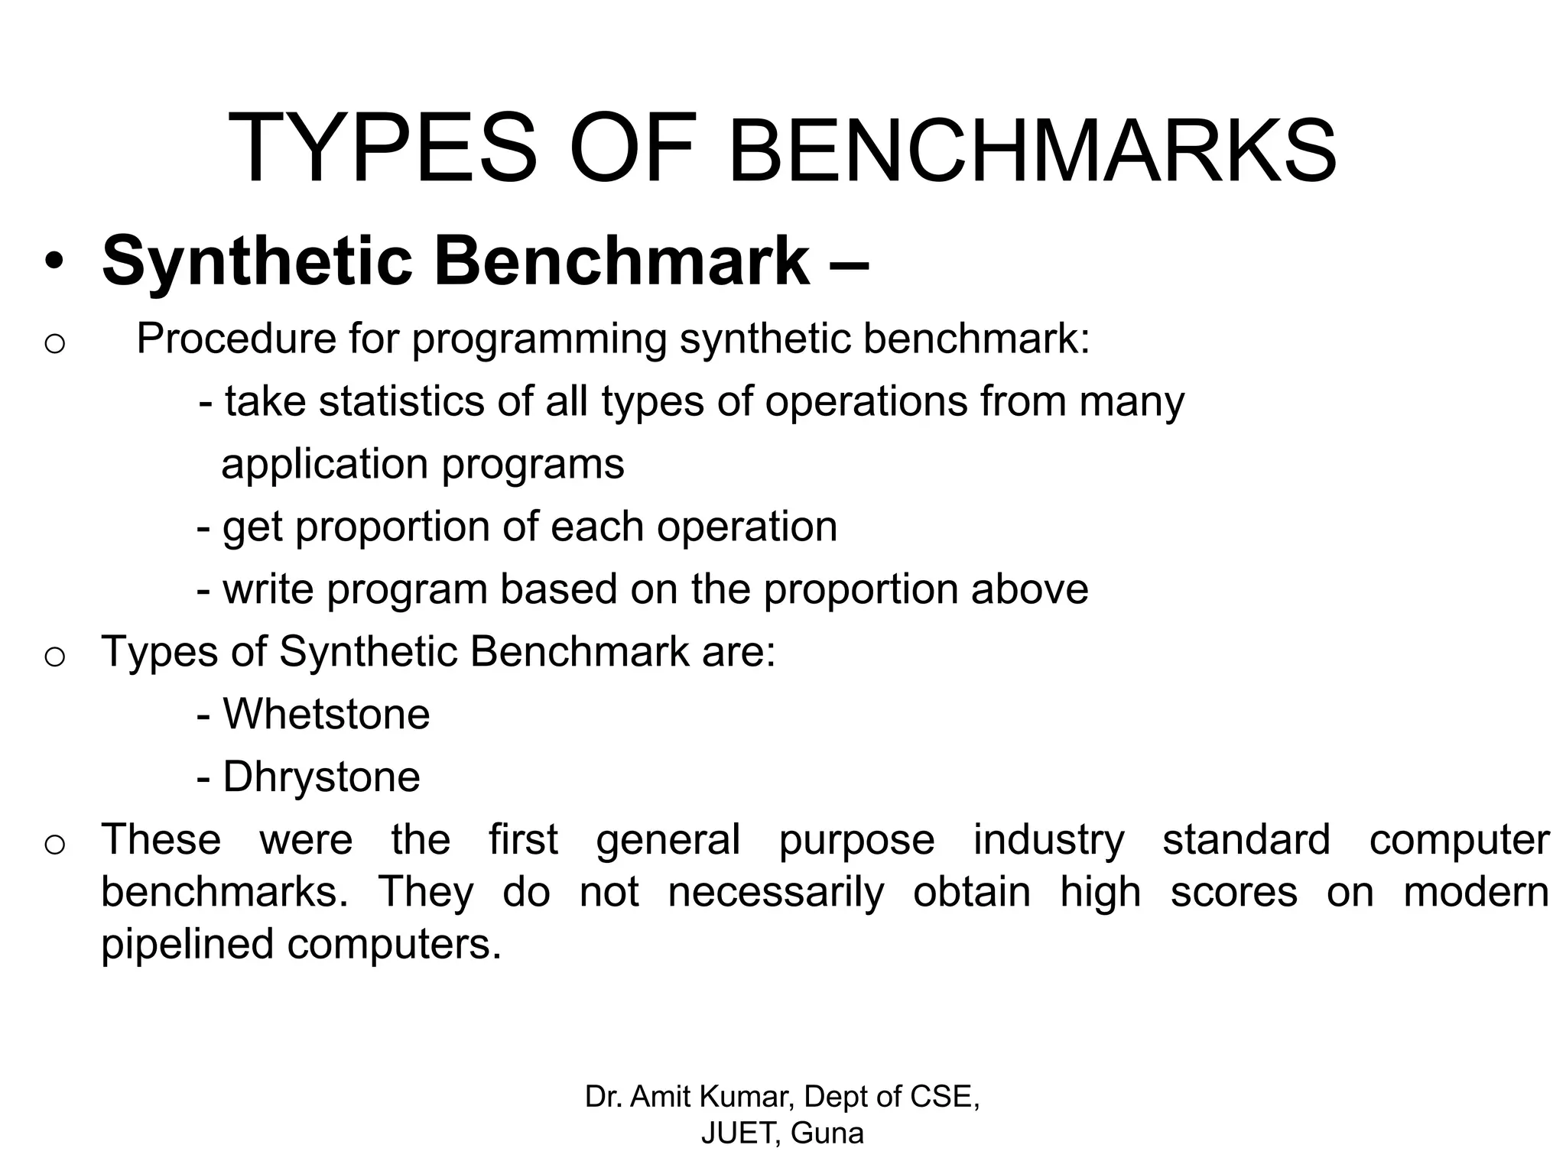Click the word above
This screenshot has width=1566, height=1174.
click(x=1029, y=589)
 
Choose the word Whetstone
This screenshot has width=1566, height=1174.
click(x=327, y=715)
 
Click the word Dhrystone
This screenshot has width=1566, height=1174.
click(x=321, y=777)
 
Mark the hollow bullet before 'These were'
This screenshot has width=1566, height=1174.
click(x=54, y=844)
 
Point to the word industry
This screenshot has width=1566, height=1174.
click(x=1048, y=840)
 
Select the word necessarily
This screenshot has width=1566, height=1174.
click(x=776, y=892)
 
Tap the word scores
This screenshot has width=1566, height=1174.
click(x=1233, y=892)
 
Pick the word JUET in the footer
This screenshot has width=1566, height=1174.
click(x=740, y=1133)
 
